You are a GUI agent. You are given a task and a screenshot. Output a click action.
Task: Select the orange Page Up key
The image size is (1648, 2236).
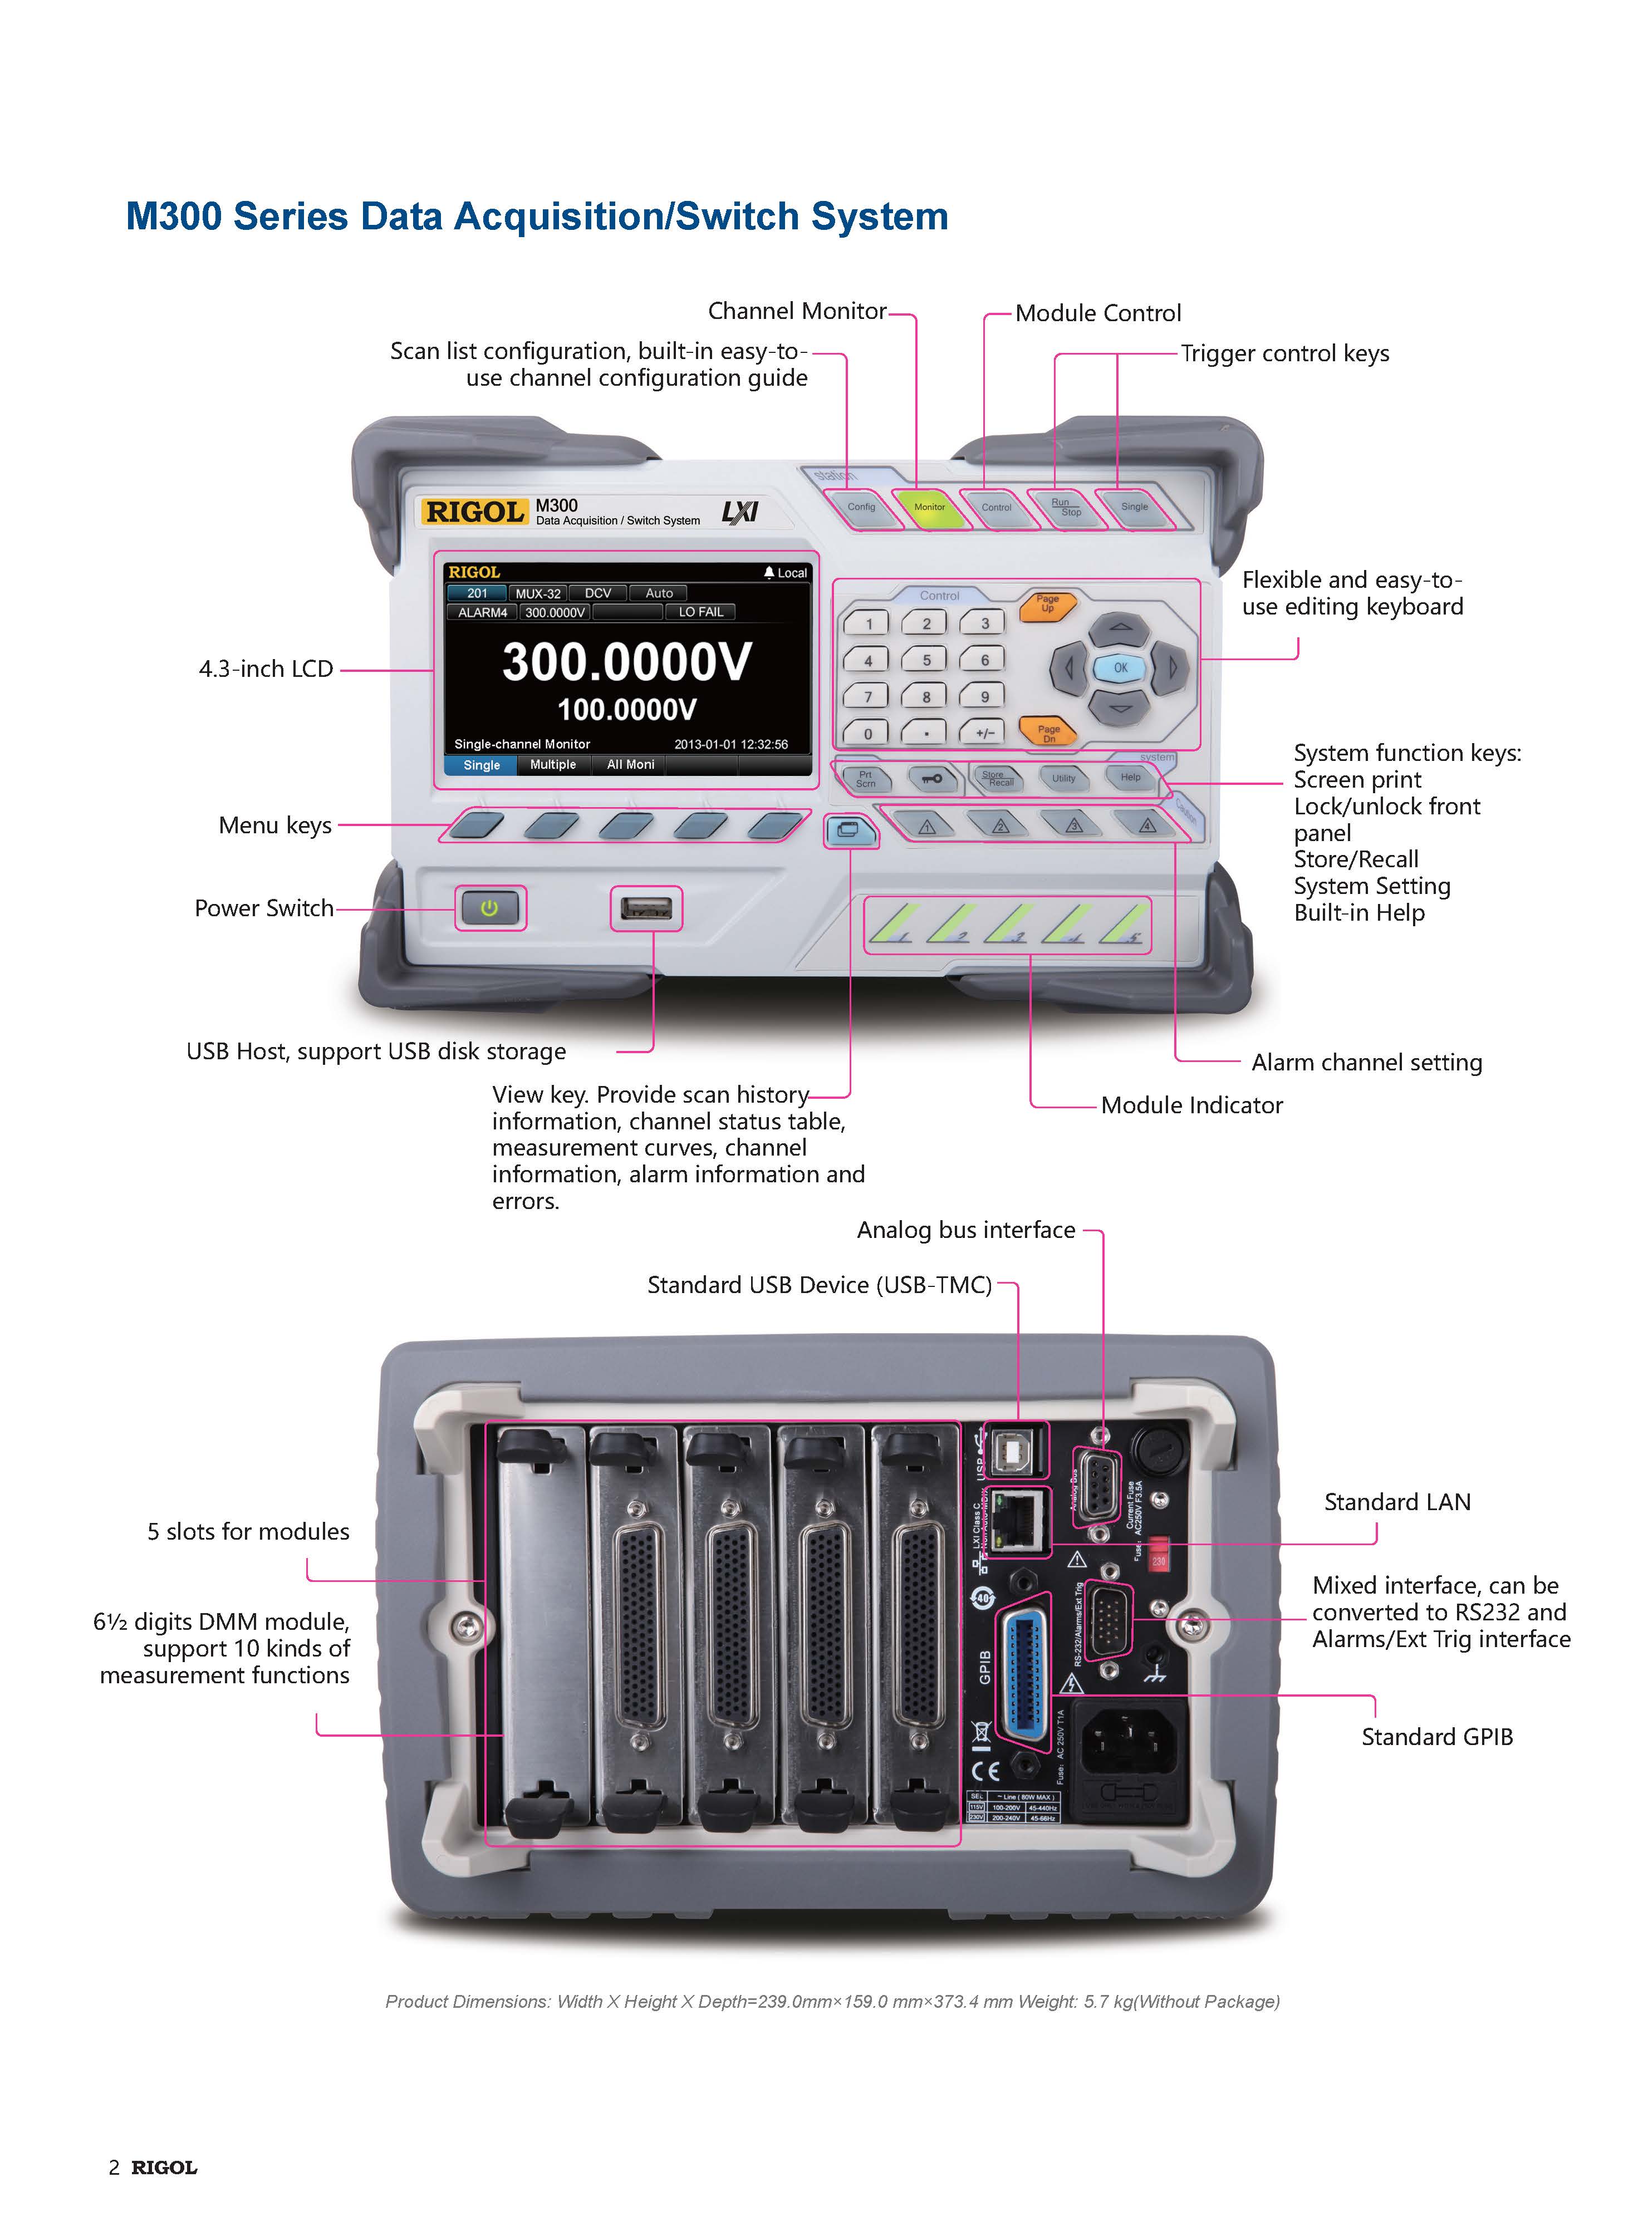[1047, 605]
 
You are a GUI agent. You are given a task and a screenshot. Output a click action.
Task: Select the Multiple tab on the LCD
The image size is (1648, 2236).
[553, 765]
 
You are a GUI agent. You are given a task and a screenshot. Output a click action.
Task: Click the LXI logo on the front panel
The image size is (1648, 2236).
[740, 513]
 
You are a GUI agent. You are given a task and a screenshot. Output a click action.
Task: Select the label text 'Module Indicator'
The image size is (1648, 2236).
[1191, 1105]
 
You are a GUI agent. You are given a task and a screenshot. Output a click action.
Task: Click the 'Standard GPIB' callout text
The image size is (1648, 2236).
[1436, 1737]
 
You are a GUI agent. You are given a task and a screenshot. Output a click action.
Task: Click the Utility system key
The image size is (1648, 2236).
[1063, 778]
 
